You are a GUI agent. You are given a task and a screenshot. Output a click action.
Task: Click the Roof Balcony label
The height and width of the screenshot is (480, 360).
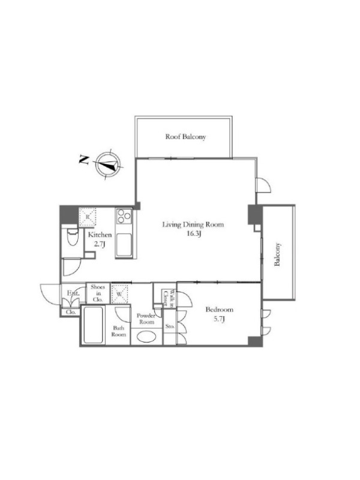click(185, 137)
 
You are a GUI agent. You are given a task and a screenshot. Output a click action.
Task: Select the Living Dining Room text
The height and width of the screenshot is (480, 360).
click(193, 225)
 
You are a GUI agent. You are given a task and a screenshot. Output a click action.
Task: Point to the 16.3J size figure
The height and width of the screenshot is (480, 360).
click(193, 235)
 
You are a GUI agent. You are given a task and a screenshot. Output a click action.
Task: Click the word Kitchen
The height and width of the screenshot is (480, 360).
click(100, 235)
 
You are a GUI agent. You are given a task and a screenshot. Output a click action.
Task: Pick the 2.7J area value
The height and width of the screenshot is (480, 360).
click(100, 245)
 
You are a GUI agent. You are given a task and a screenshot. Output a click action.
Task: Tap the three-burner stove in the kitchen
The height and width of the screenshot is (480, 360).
click(124, 216)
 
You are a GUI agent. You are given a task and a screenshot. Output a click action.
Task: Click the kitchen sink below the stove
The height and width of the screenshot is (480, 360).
click(124, 245)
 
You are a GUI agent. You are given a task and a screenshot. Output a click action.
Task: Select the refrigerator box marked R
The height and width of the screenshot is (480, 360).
click(88, 217)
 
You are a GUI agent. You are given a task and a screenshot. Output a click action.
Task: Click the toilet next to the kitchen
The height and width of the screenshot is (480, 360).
click(72, 237)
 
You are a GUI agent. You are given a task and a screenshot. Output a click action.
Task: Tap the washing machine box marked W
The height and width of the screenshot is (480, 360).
click(119, 294)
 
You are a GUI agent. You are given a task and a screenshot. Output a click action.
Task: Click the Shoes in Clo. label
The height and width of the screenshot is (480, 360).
click(98, 293)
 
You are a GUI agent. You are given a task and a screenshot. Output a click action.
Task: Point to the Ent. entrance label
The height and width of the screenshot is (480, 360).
click(73, 293)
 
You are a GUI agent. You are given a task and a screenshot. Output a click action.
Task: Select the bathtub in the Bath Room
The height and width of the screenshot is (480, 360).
click(93, 325)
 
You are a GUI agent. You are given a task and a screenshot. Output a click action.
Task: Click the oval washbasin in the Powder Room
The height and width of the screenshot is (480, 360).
click(146, 337)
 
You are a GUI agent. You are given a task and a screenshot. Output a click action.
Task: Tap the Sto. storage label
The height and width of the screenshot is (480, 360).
click(170, 326)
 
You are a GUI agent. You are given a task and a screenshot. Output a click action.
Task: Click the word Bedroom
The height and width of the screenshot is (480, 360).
click(219, 310)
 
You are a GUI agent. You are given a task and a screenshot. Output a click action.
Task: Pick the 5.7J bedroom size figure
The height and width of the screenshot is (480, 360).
click(220, 319)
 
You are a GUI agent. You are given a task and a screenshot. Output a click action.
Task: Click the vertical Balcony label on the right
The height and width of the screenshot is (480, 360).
click(277, 254)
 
